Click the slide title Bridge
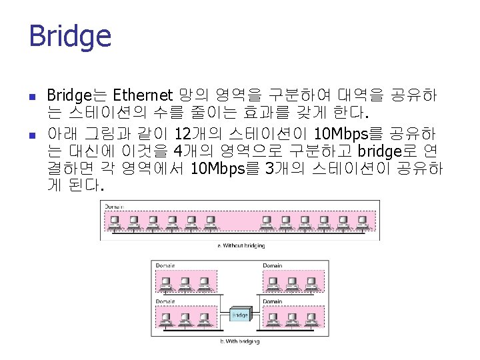click(x=70, y=36)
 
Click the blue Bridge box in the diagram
click(x=240, y=315)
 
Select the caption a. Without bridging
click(x=241, y=245)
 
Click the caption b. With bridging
click(x=241, y=341)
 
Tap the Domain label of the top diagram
click(x=113, y=207)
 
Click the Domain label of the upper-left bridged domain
click(x=165, y=265)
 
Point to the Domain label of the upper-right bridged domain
click(x=272, y=265)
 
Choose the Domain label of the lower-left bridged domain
click(x=165, y=301)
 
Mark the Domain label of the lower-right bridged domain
click(x=272, y=301)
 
